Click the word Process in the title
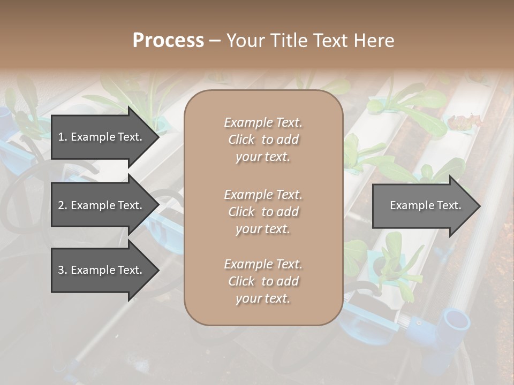(168, 41)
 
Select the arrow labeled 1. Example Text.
(104, 137)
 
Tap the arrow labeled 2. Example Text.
(104, 205)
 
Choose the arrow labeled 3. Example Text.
(104, 271)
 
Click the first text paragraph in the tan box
(263, 140)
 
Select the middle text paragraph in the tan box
(263, 212)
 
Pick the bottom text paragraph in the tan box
(263, 281)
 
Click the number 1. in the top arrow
(63, 137)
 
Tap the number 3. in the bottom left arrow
(63, 271)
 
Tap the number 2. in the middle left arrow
(63, 205)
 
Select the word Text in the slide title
(330, 41)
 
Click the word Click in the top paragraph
(241, 140)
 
